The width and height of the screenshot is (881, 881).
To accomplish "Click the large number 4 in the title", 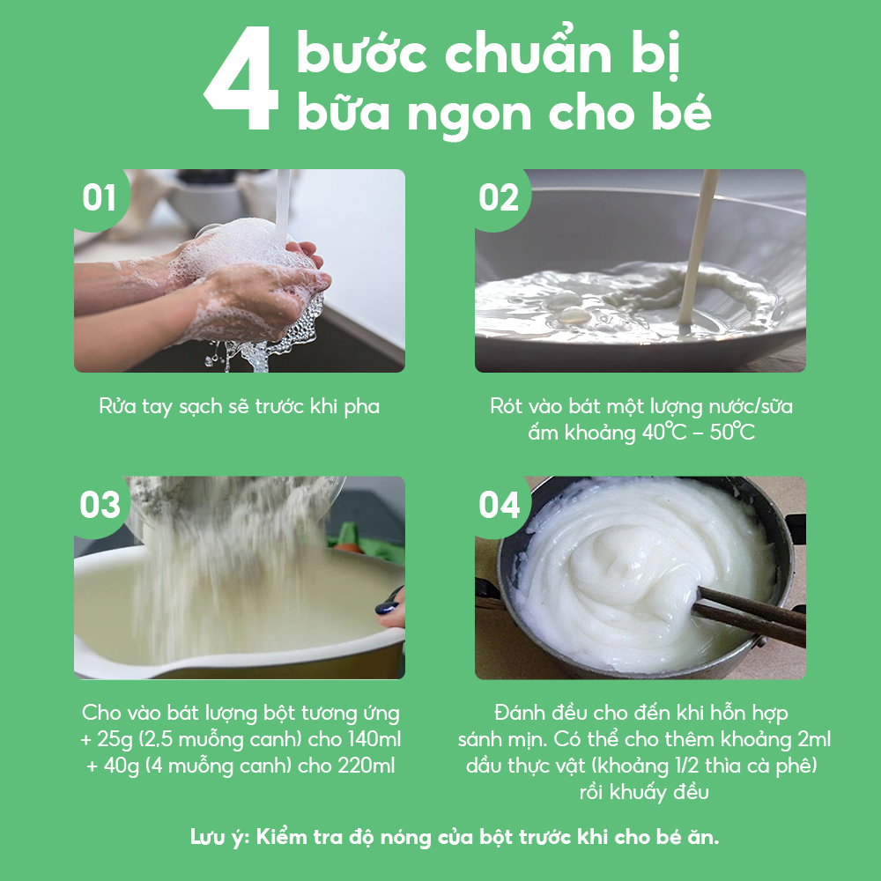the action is (x=241, y=78).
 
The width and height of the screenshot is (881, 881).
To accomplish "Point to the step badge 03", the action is (x=100, y=505).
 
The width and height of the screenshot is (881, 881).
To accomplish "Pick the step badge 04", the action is (x=499, y=505).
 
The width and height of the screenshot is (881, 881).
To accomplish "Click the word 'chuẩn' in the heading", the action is (x=528, y=54).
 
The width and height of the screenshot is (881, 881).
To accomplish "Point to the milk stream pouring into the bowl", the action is (x=698, y=248).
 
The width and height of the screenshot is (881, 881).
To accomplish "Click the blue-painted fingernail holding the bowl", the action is (x=389, y=607).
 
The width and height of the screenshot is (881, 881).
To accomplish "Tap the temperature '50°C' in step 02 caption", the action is (x=732, y=432).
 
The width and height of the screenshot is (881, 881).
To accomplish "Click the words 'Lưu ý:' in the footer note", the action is (x=219, y=838).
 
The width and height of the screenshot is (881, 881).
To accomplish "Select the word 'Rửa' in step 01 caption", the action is (x=117, y=405).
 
